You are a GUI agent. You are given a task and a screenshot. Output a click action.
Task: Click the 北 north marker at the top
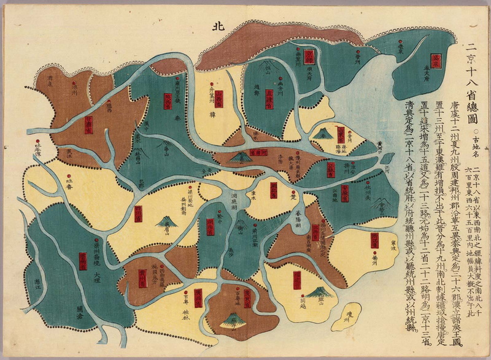[x=216, y=26]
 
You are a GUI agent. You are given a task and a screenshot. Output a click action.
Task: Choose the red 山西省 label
[x=218, y=99]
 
